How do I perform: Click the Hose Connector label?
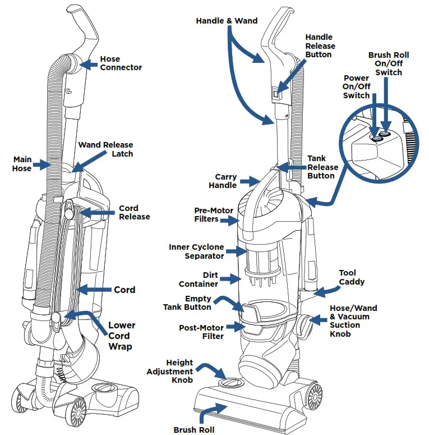point(121,63)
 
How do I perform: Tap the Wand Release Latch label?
point(105,149)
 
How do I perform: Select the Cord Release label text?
point(134,213)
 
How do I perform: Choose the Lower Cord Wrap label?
point(122,336)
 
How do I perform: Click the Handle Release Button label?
point(320,46)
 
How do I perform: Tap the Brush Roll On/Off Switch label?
point(389,64)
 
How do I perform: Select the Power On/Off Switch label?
point(356,88)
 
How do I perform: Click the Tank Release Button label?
point(322,167)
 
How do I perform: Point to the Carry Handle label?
point(223,181)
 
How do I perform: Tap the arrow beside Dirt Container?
point(228,278)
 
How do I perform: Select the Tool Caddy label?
point(352,277)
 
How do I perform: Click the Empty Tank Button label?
point(187,303)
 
